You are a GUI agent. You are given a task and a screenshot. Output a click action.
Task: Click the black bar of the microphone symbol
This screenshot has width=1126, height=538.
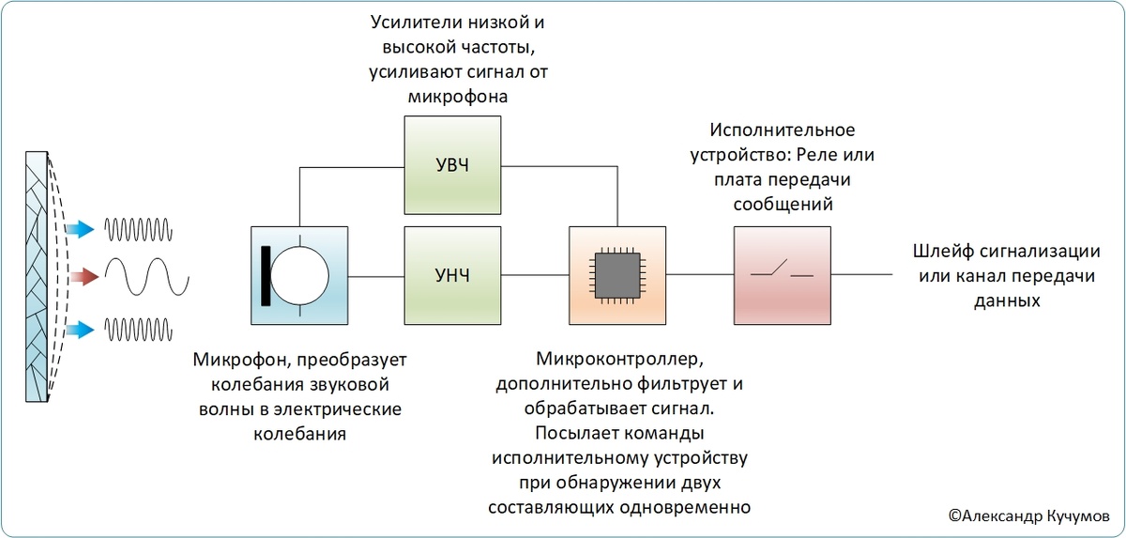tap(268, 275)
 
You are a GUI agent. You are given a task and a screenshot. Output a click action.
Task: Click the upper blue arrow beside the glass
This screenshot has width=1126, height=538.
tap(83, 227)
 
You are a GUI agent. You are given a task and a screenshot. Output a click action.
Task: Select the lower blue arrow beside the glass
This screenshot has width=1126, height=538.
tap(83, 328)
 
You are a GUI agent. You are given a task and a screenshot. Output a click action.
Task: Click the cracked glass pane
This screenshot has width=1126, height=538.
tap(38, 277)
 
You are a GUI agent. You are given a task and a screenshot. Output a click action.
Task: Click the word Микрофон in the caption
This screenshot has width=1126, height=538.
tap(236, 361)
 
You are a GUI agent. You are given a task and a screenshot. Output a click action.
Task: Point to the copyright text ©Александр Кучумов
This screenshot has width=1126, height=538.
tap(1029, 515)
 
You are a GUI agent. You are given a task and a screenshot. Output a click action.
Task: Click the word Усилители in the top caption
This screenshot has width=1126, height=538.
tap(405, 22)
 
